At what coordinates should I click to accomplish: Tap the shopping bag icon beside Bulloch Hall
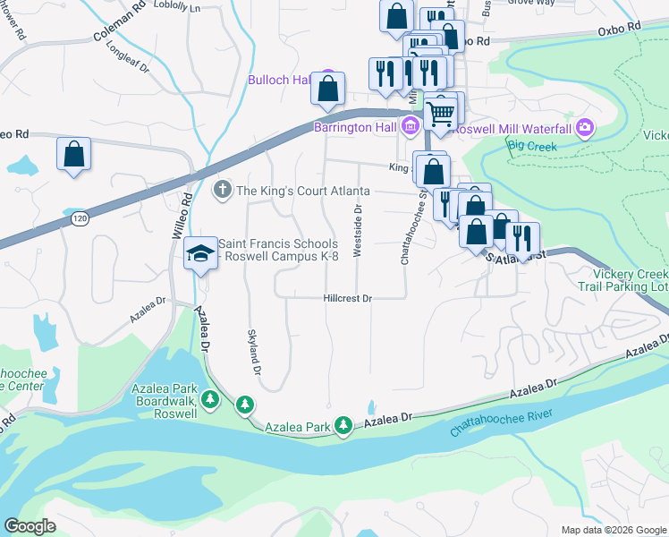[x=328, y=89]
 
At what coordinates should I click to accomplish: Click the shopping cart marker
[x=439, y=114]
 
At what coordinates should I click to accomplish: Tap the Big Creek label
[x=532, y=146]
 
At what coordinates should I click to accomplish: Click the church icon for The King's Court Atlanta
[x=223, y=191]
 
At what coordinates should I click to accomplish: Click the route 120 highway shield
[x=80, y=218]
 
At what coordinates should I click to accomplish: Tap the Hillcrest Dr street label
[x=347, y=299]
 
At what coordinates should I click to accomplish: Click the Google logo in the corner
[x=30, y=526]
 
